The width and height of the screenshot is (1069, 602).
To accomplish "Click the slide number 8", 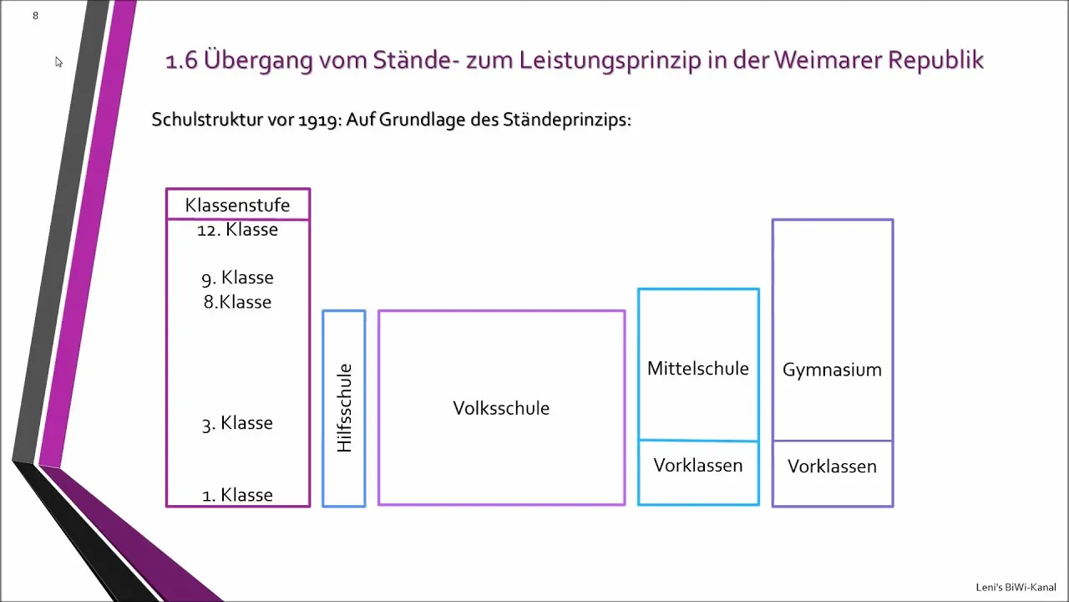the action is click(35, 16).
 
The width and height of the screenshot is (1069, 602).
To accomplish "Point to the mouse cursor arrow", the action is click(58, 62).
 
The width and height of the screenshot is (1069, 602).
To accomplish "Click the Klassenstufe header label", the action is click(238, 205).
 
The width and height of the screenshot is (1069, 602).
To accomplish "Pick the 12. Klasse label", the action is click(238, 230).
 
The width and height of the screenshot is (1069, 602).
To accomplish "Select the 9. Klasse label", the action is click(238, 278).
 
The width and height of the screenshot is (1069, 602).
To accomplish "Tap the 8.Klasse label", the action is click(238, 302).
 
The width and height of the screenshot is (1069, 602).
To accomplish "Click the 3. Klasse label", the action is click(238, 423).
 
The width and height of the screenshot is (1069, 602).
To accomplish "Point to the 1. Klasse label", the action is click(238, 495).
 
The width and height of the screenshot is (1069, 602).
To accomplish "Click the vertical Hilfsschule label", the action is click(344, 408).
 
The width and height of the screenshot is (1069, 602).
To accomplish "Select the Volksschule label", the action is click(501, 409).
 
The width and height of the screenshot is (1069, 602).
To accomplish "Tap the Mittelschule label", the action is click(698, 369).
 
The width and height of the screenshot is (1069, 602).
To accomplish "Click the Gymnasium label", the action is click(833, 370).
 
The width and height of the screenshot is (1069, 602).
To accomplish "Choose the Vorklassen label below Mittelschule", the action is click(698, 466).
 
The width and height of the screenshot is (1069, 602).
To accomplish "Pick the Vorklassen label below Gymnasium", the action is click(833, 467).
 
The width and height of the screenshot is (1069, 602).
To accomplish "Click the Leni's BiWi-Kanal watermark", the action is click(1016, 587).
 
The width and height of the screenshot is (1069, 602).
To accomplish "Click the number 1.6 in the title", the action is click(181, 61).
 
